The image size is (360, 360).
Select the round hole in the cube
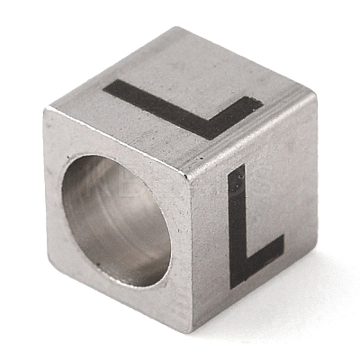coord(116,220)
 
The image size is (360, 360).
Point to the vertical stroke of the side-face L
coord(237,227)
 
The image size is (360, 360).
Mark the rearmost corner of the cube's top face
coord(177,28)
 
